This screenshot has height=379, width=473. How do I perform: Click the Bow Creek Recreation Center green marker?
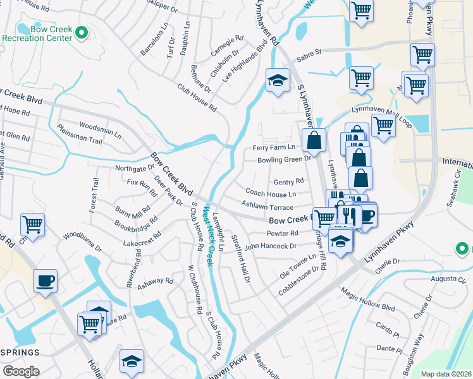[81, 32]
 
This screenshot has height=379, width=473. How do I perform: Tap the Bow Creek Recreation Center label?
[39, 37]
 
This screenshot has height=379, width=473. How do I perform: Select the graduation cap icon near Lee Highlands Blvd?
[277, 80]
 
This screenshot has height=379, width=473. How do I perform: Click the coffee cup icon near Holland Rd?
[46, 280]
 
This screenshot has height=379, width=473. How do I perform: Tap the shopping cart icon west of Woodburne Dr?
[32, 224]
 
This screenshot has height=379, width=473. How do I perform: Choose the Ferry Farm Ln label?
[270, 147]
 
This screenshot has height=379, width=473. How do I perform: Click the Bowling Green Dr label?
[285, 160]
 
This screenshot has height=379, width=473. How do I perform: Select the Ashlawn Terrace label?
[267, 207]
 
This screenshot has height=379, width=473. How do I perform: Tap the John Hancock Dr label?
[271, 246]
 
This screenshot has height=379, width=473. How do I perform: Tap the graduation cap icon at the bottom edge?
[132, 361]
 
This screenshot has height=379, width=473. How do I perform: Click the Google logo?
[21, 371]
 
